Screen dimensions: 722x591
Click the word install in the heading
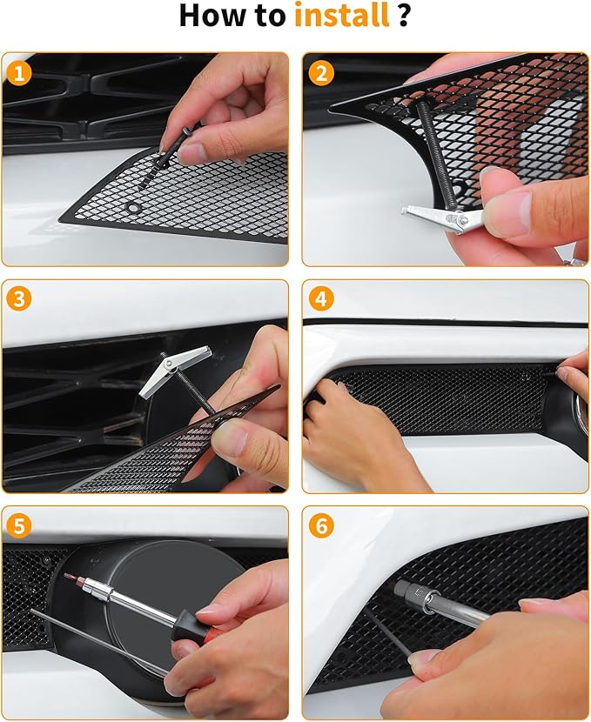pos(341,16)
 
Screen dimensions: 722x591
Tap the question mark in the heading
pos(404,16)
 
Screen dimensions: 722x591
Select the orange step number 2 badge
pos(320,73)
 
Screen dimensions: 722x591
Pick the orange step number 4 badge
pos(320,299)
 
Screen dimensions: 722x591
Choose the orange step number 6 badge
pos(320,526)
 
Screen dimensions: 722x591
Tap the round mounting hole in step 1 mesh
pos(133,208)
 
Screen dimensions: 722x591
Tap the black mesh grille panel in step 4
pos(444,400)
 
